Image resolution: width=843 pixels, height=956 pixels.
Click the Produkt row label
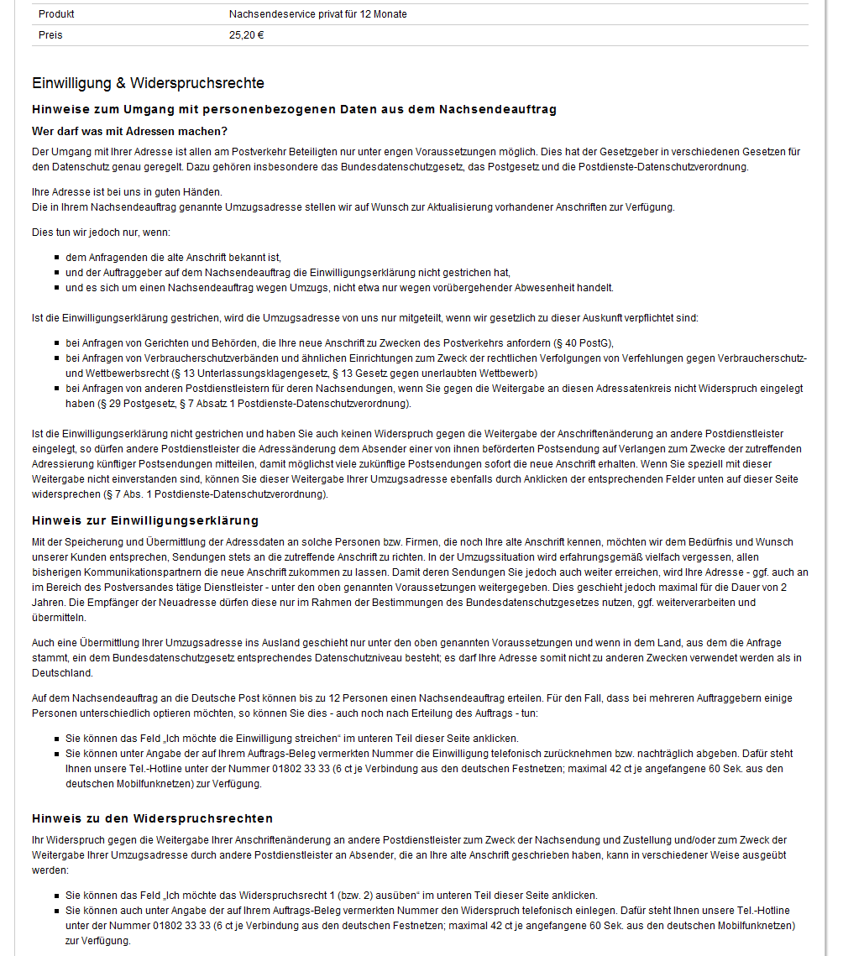56,14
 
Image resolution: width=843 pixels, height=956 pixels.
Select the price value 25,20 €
246,35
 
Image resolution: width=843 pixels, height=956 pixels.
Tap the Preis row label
50,35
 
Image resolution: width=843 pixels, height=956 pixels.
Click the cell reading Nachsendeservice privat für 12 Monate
317,14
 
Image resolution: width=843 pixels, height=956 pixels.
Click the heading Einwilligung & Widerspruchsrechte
148,83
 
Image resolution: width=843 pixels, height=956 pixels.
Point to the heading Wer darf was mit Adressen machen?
129,131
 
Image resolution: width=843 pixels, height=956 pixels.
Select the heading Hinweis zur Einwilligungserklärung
144,520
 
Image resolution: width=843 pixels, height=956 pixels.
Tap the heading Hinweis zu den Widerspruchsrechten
152,818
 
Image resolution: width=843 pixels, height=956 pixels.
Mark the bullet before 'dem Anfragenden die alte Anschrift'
57,258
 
